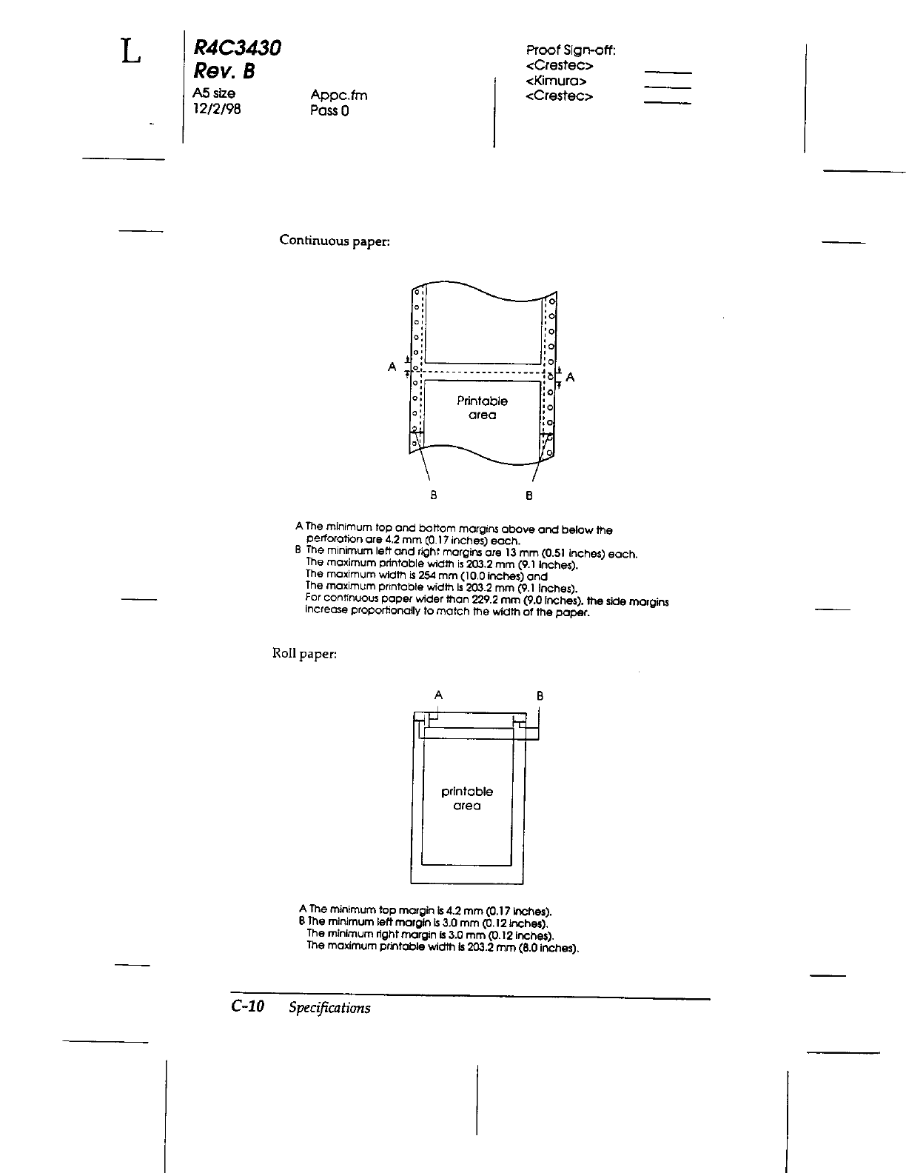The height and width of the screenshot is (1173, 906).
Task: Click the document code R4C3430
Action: pos(237,49)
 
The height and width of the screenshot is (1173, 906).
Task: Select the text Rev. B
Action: pos(223,72)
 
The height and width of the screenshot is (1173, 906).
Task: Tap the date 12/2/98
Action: pos(216,108)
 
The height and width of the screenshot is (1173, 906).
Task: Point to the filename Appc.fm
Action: pos(338,96)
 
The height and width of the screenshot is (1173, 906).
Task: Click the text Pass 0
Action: pos(329,111)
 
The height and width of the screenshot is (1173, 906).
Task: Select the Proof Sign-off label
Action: pos(571,50)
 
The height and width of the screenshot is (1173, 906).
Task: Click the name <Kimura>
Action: pos(556,81)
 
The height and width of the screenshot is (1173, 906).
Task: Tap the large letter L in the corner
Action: pos(130,51)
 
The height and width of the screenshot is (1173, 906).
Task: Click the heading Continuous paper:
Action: pos(334,241)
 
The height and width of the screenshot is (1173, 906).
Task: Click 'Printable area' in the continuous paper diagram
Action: pos(482,408)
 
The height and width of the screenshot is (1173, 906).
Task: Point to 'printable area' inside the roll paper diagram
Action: pos(467,798)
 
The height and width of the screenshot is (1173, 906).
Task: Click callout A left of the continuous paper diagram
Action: pos(392,367)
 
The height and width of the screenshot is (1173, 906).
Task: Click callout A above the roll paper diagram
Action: pos(438,695)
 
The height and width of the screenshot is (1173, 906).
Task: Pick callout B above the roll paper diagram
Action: pos(540,696)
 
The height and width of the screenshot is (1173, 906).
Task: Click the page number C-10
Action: pos(247,1006)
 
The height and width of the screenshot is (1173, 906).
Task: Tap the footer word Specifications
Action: pos(329,1007)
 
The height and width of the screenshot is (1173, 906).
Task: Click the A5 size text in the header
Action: pos(214,93)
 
